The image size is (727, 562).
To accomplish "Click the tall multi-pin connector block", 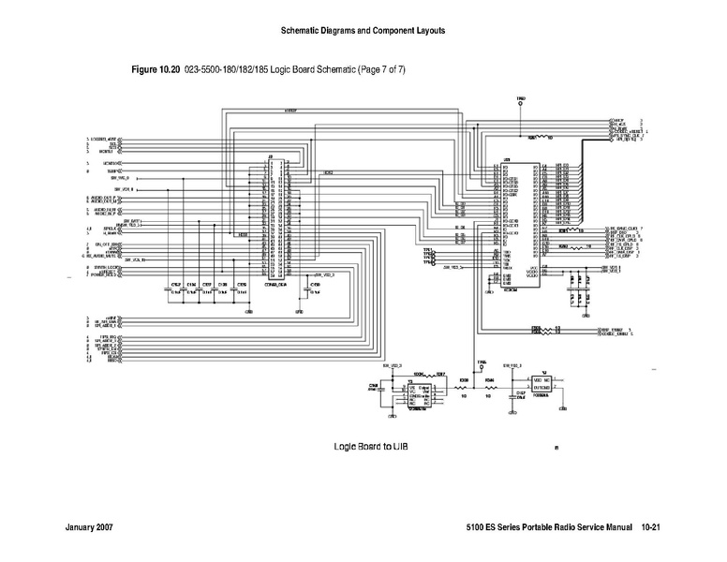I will (x=276, y=220).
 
